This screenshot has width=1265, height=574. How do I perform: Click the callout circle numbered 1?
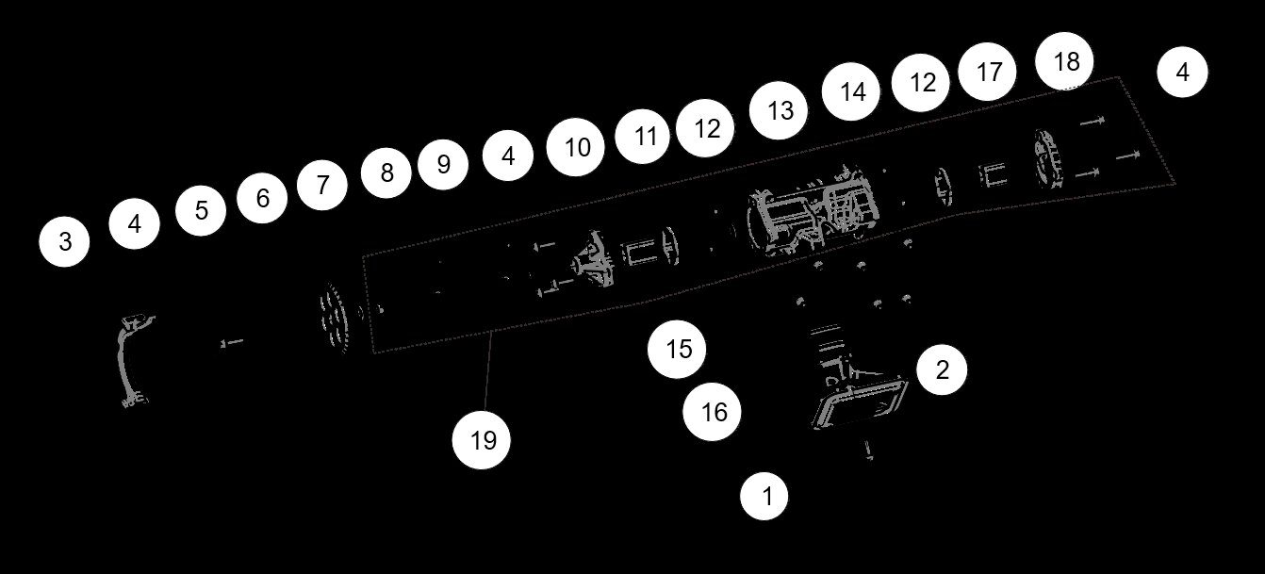point(765,495)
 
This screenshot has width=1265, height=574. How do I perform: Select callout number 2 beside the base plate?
point(942,369)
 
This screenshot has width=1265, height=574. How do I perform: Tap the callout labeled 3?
point(64,242)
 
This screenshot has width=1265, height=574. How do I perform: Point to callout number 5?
point(201,210)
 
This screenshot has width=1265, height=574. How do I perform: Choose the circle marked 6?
point(262,198)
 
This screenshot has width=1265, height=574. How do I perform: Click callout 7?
point(322,185)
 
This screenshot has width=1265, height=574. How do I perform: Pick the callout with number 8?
point(386,173)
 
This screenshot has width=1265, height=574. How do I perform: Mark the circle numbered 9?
point(444,165)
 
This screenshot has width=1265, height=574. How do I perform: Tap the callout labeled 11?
point(645,136)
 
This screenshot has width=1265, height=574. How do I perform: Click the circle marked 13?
point(780,111)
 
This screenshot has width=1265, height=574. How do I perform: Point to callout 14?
point(852,92)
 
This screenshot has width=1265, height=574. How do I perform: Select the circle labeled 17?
point(989,72)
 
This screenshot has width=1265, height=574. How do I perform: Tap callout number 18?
point(1066,62)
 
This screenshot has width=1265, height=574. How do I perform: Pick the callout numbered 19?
point(483,440)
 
